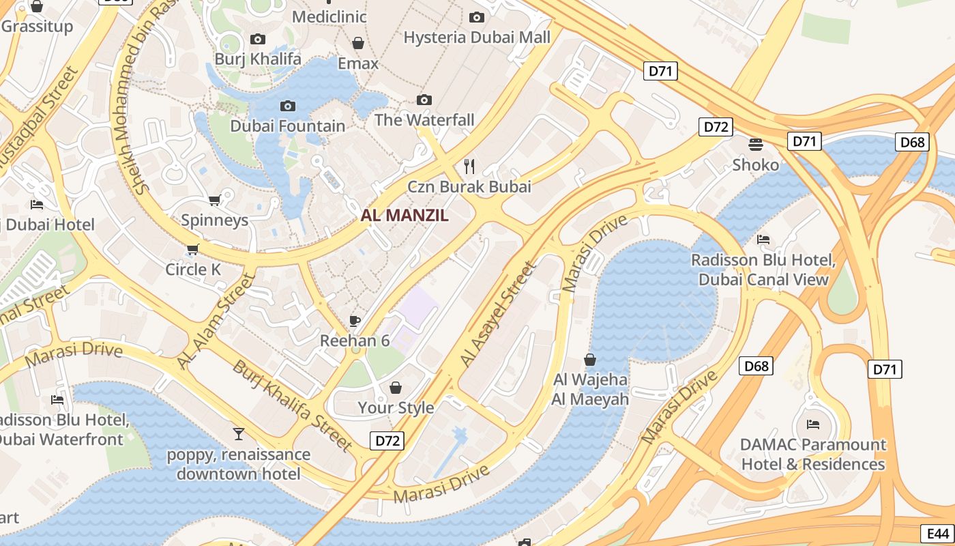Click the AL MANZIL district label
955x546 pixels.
point(405,216)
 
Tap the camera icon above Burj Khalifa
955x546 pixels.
point(258,40)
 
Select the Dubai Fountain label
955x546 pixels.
point(287,126)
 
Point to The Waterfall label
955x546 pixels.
point(424,120)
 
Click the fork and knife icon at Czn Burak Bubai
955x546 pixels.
point(469,165)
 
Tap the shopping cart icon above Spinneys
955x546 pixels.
point(214,200)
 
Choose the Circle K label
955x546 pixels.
point(193,270)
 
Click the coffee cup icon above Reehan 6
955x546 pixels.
point(354,320)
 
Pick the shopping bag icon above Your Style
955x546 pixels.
point(396,388)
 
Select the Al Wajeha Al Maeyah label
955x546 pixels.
point(590,389)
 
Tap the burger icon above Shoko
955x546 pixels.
point(755,144)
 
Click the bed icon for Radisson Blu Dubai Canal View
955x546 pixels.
point(763,240)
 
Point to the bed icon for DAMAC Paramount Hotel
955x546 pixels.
point(812,424)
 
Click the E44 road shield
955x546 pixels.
point(938,534)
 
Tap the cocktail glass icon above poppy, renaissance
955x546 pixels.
point(238,434)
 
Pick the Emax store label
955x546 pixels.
point(357,63)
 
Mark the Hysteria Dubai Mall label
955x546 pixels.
point(477,37)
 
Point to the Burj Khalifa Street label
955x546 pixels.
point(293,405)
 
